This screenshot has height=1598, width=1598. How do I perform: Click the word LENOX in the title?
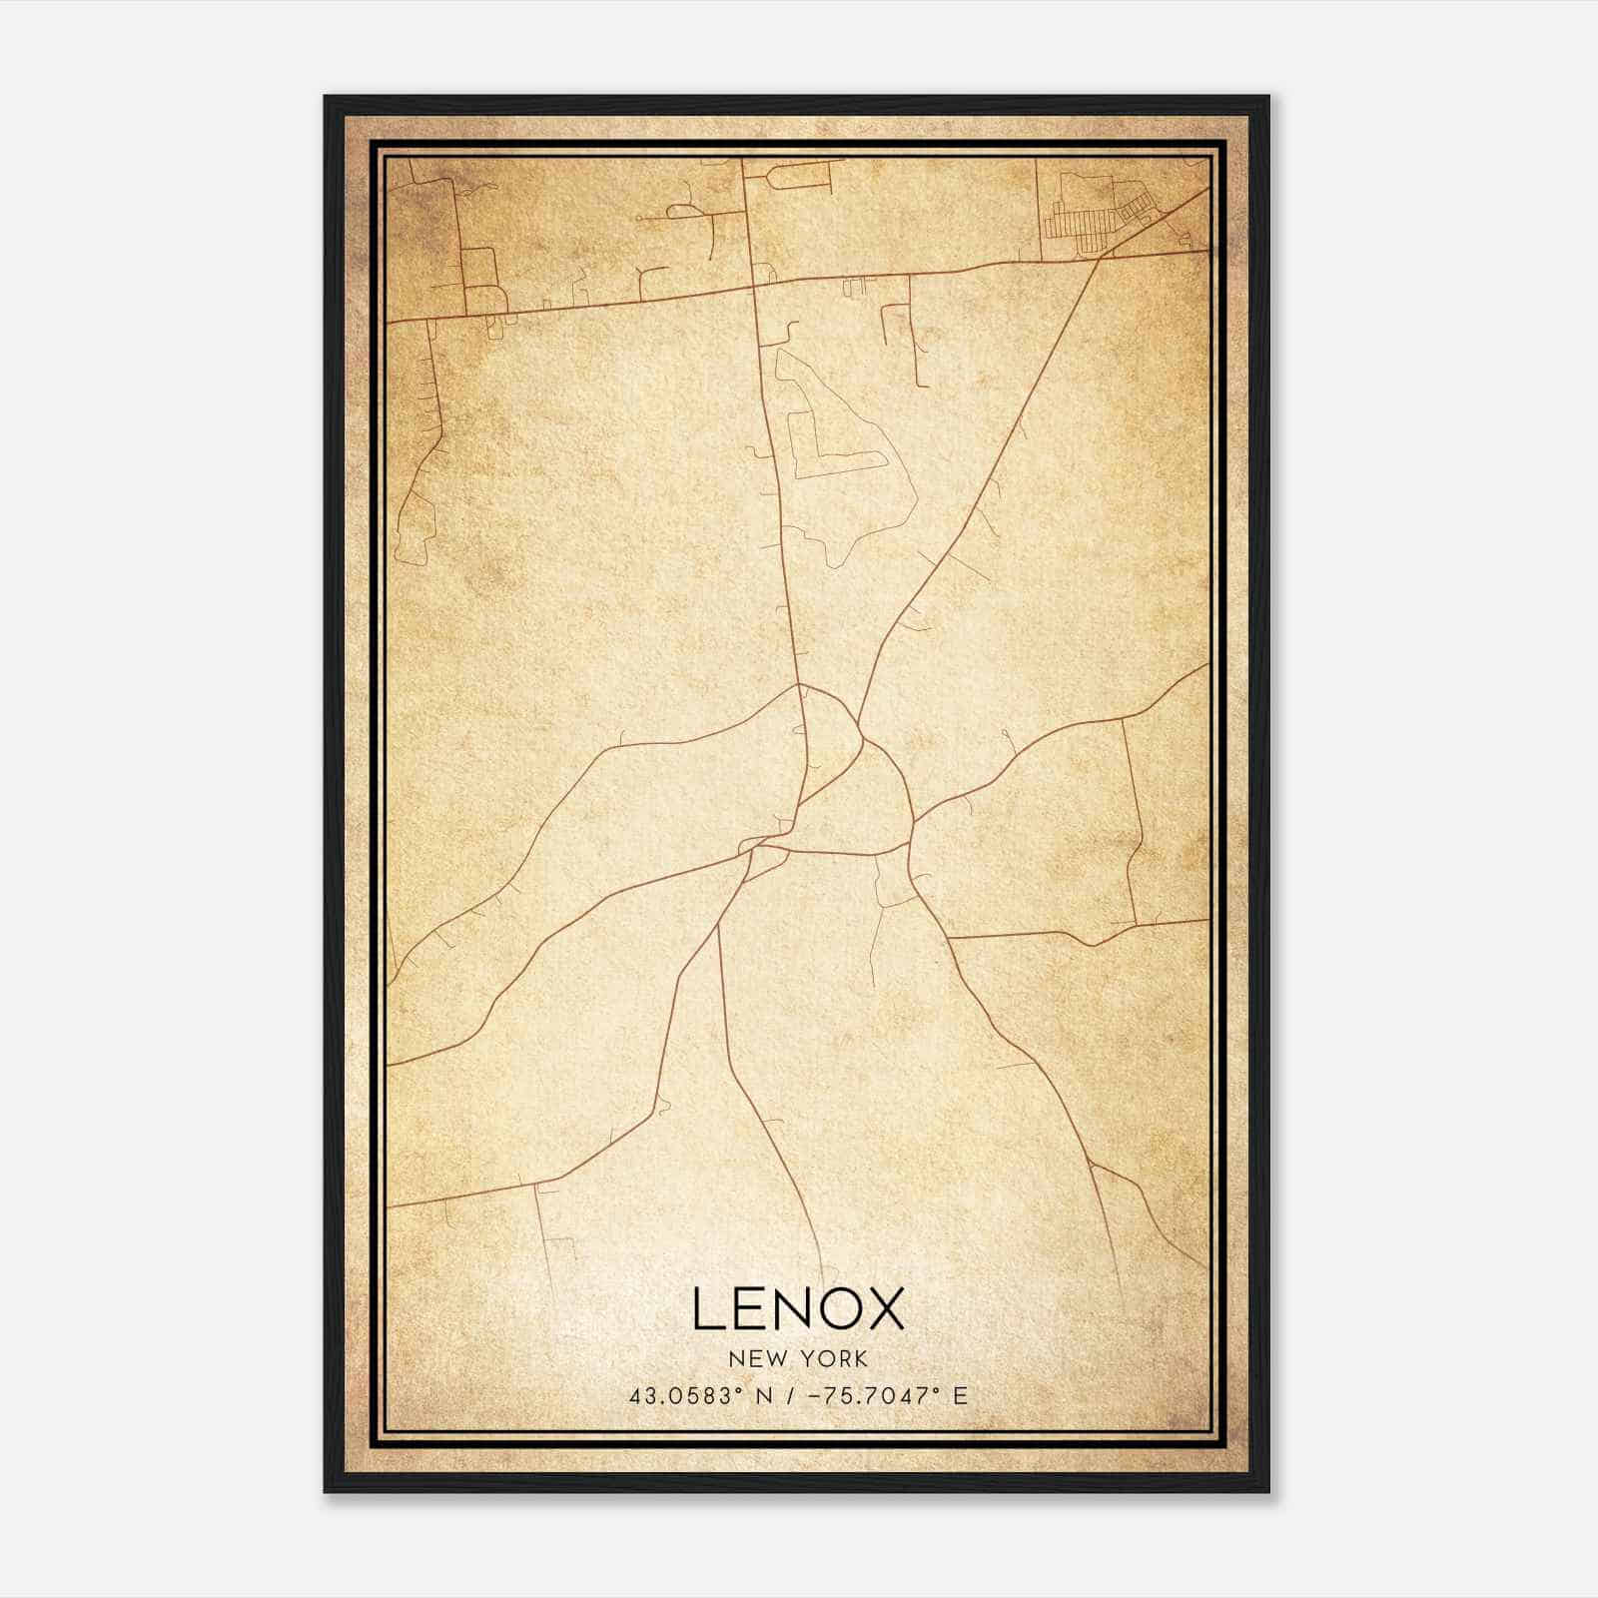pos(798,1309)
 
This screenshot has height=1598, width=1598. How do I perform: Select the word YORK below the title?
pos(831,1359)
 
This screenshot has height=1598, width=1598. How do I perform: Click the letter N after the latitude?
pos(764,1396)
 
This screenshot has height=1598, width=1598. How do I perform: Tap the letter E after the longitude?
pos(960,1396)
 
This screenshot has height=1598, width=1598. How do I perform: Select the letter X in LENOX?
pos(882,1309)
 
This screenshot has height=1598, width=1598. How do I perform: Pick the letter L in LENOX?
pos(706,1309)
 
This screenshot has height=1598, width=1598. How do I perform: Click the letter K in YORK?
pos(860,1359)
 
